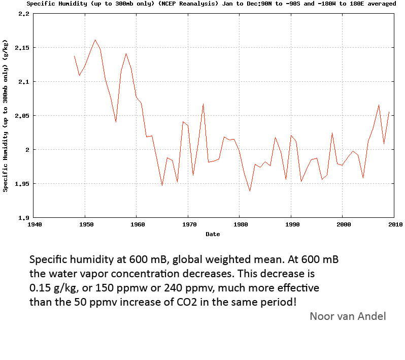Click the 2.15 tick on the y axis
point(23,48)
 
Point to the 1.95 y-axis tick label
point(23,184)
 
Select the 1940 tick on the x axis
point(34,224)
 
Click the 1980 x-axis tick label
point(240,224)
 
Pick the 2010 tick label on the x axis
point(394,224)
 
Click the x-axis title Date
point(213,234)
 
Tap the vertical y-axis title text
point(6,116)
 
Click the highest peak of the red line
point(95,40)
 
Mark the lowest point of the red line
point(250,191)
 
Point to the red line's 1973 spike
point(203,104)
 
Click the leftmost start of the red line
point(74,56)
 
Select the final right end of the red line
point(389,112)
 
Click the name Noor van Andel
point(348,316)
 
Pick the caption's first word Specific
point(50,259)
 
